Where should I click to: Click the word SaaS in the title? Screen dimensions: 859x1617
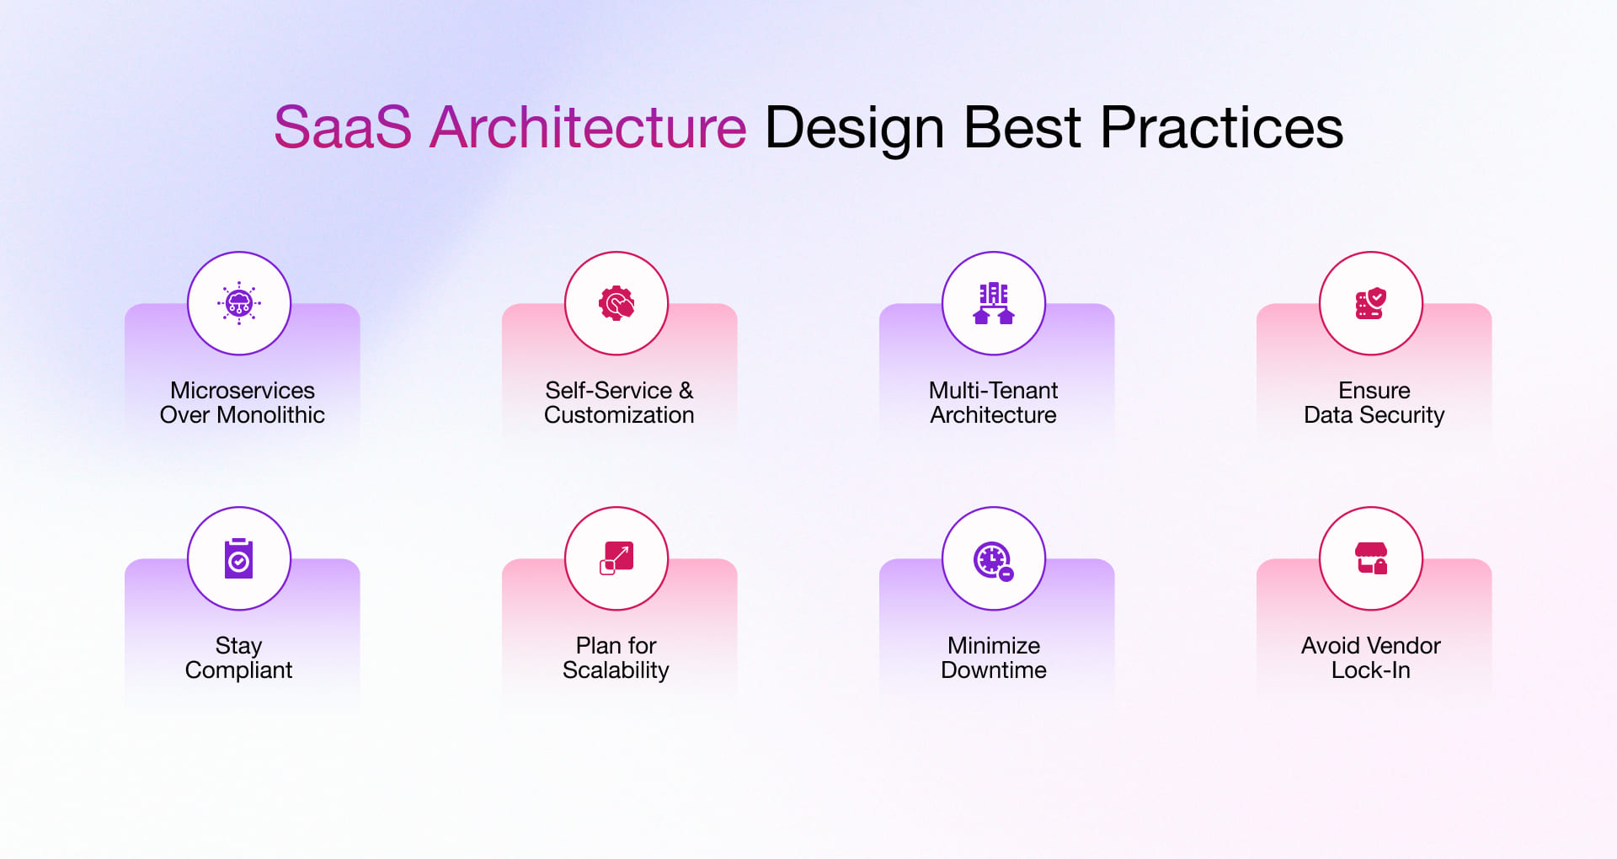pos(343,128)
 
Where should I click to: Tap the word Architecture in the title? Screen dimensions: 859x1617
pos(588,128)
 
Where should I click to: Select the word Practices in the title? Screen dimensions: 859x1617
pos(1221,128)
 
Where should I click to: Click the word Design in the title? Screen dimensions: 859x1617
pos(854,128)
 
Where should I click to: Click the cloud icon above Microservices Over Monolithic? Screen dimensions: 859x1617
pos(239,303)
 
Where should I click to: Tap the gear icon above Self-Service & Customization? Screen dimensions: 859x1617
pos(616,303)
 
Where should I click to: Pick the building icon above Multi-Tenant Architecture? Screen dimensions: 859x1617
pos(994,303)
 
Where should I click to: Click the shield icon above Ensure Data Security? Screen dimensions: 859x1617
pos(1371,303)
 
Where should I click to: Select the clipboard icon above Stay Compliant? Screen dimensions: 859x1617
pos(239,558)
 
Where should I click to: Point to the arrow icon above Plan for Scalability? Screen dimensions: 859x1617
pos(616,558)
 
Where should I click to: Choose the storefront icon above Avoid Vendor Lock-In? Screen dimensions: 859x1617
pos(1371,558)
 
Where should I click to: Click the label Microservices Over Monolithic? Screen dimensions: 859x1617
pos(243,403)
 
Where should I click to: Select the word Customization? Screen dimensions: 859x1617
pos(619,415)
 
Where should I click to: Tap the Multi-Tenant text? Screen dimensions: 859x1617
pos(994,391)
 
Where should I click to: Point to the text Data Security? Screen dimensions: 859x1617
pos(1374,415)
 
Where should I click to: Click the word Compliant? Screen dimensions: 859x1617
pos(238,670)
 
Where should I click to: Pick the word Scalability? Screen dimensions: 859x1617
pos(616,670)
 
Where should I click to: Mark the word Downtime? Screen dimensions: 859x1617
pos(994,670)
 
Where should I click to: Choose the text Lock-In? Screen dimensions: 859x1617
pos(1370,670)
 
